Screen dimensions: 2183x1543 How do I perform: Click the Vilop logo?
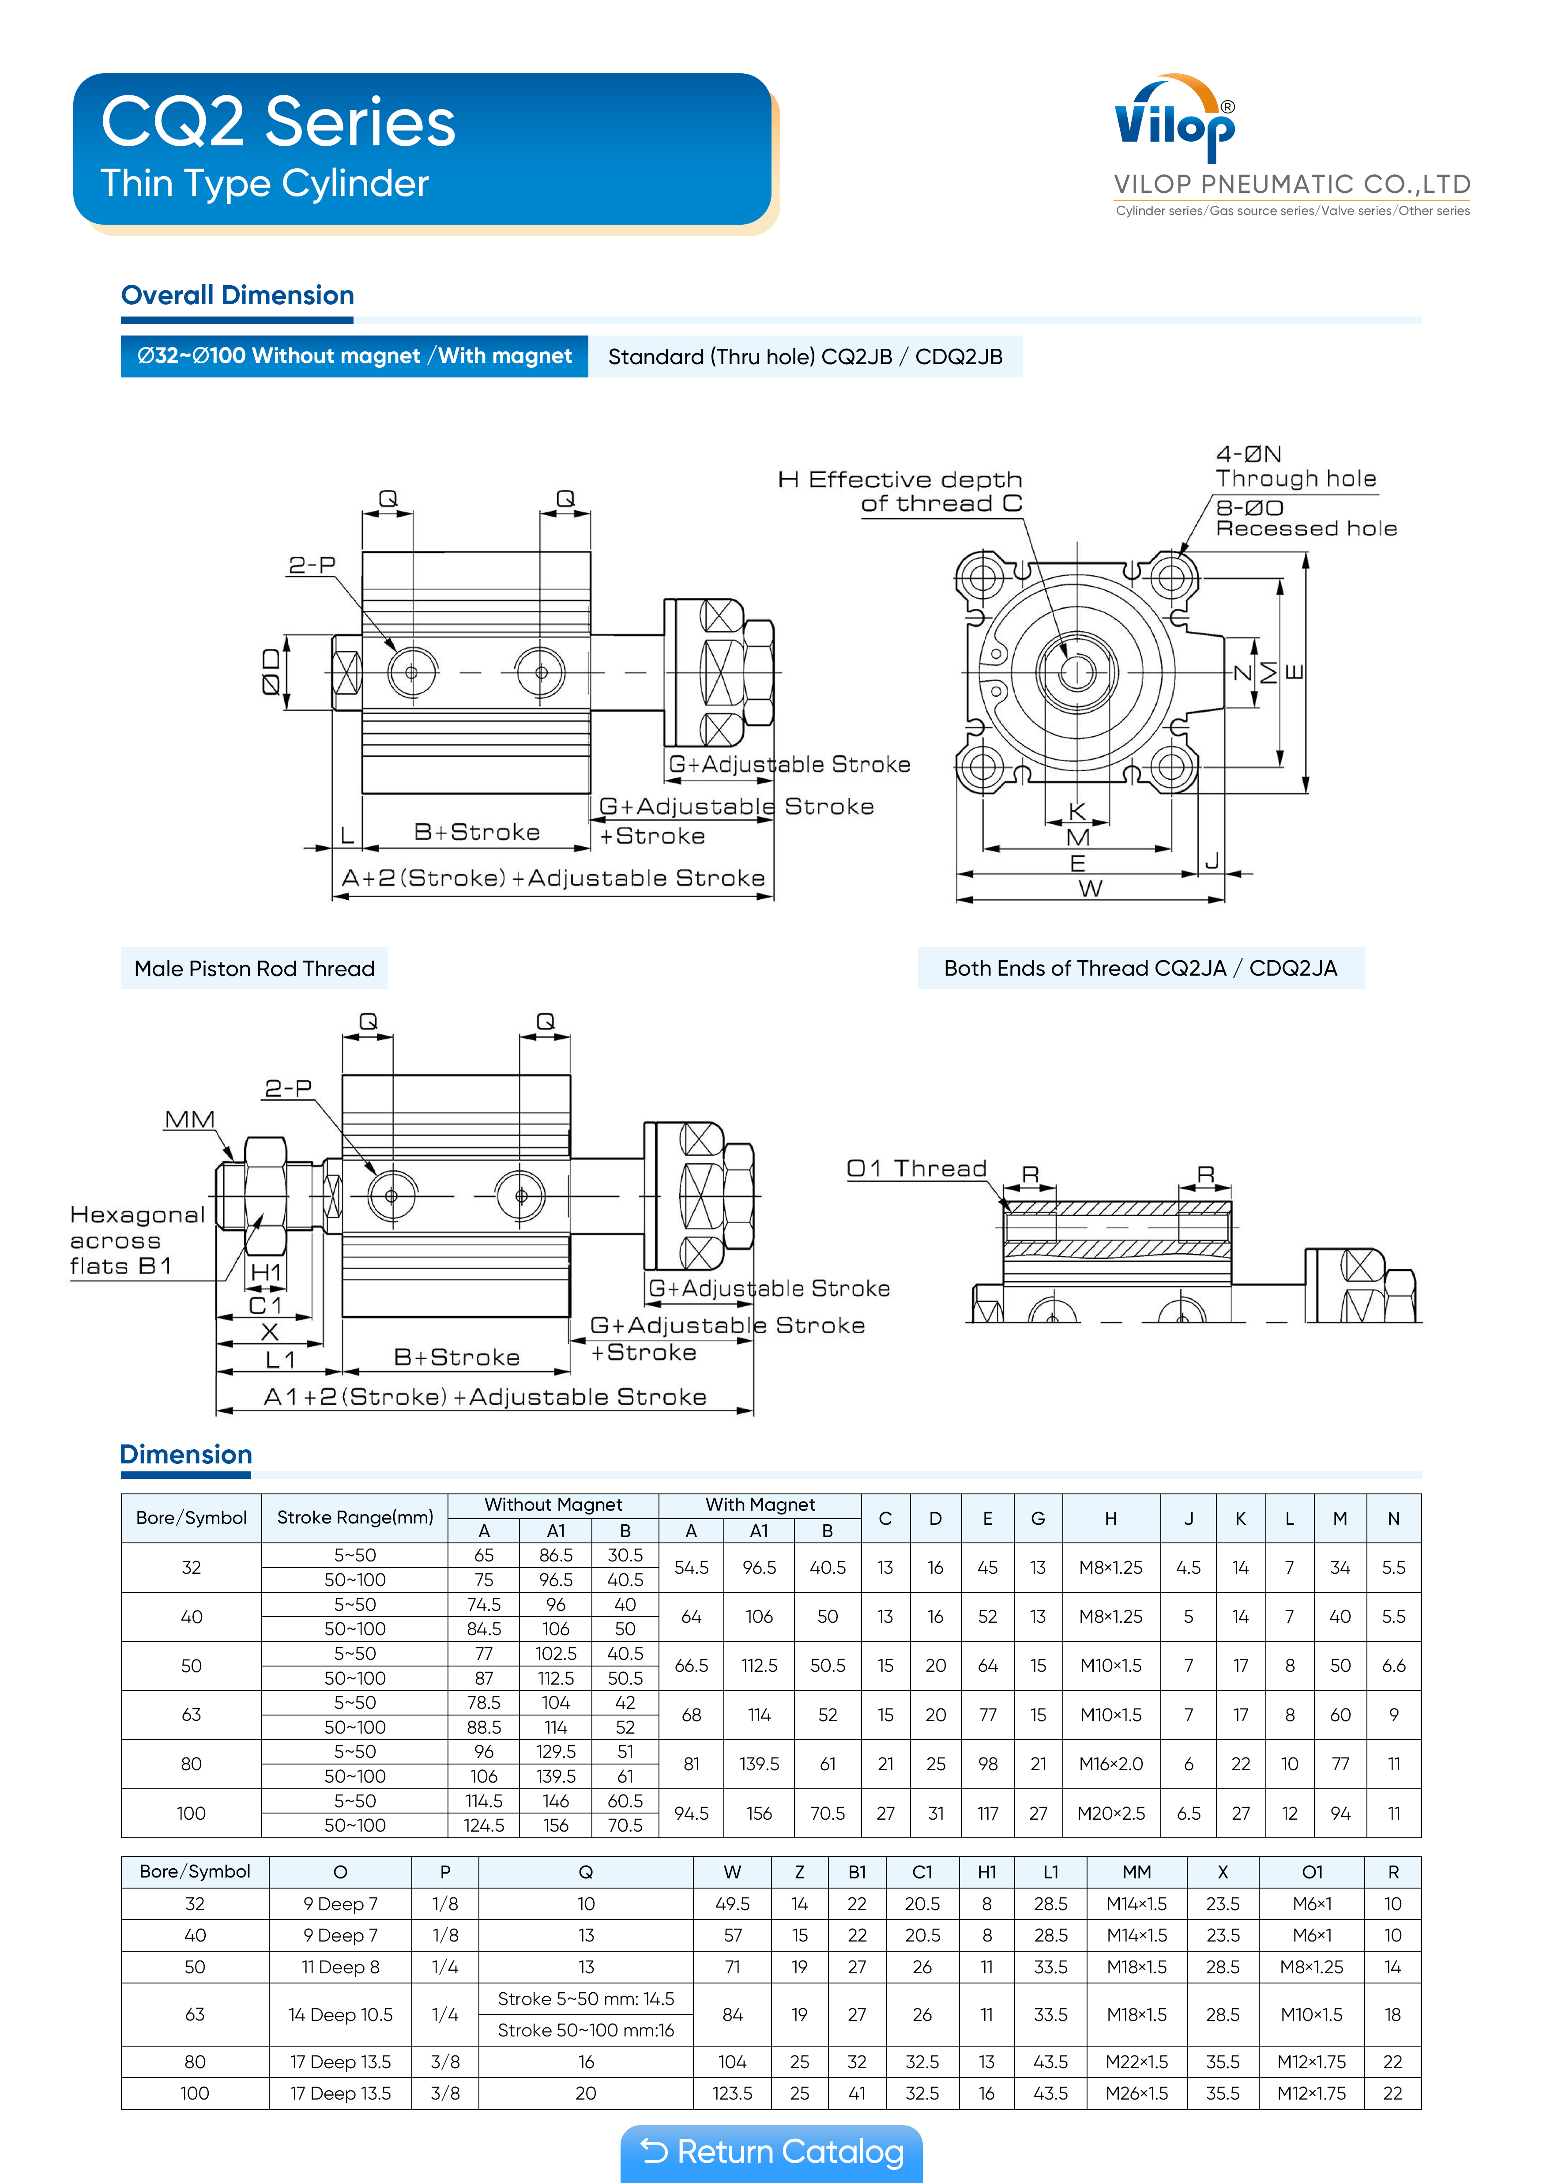[x=1175, y=119]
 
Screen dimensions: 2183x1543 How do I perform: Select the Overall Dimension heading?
[x=238, y=296]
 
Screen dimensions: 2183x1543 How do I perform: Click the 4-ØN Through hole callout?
[x=1295, y=466]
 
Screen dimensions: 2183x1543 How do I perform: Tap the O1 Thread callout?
[x=916, y=1169]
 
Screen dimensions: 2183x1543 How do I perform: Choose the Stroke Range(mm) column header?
[x=354, y=1517]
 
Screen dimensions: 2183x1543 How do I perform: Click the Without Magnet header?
[x=553, y=1504]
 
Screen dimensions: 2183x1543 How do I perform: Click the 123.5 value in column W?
[x=732, y=2094]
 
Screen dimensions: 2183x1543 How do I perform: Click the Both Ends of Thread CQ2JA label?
[x=1140, y=969]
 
